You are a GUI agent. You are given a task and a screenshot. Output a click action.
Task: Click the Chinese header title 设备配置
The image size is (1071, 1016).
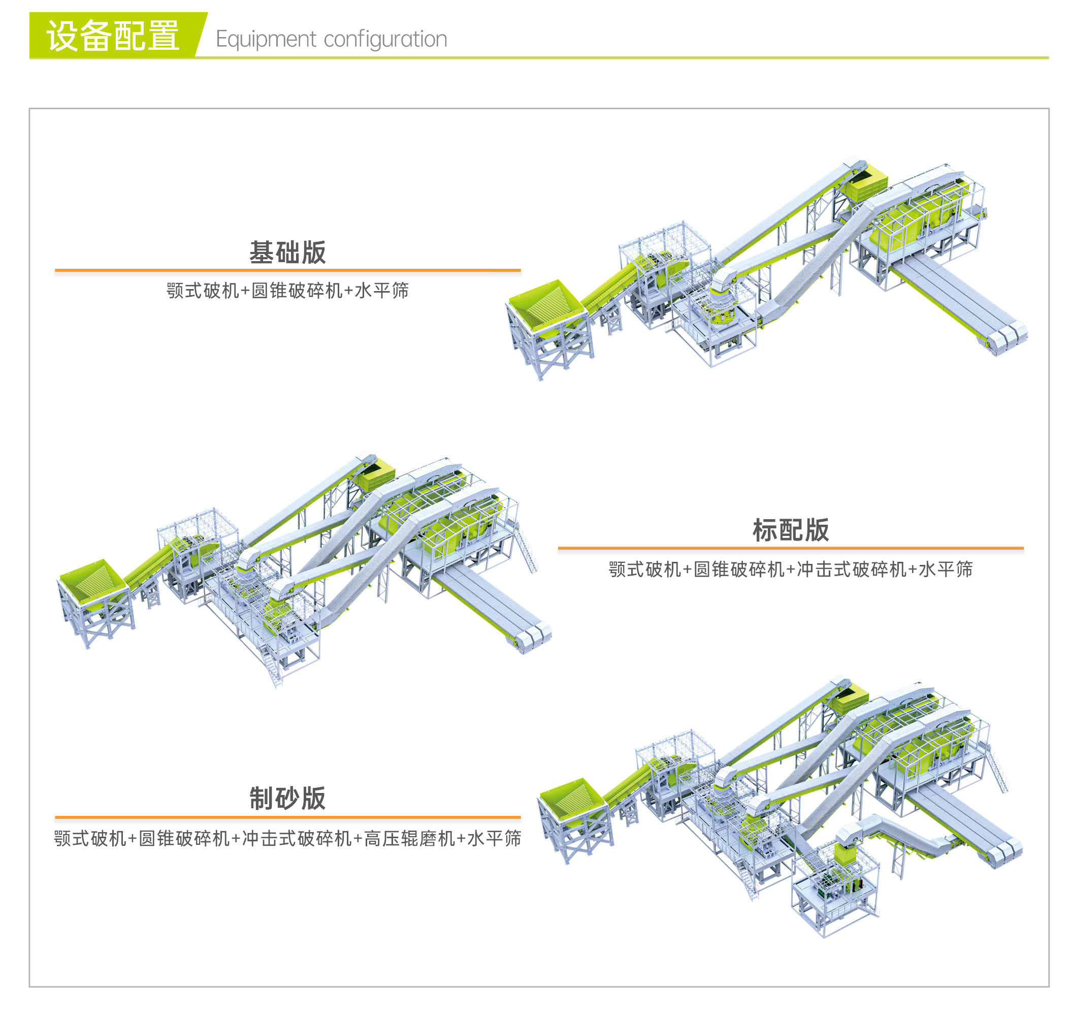113,36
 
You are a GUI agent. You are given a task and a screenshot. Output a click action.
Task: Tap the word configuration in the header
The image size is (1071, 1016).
385,39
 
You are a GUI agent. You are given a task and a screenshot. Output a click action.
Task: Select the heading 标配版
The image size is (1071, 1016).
790,530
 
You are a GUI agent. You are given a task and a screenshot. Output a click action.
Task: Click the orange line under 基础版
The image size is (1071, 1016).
287,270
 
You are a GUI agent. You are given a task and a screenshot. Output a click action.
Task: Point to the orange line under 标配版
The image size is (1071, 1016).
790,548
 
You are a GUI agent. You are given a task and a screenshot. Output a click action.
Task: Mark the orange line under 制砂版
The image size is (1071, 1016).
287,817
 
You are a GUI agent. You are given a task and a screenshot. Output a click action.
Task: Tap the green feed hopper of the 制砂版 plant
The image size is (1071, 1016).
571,801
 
